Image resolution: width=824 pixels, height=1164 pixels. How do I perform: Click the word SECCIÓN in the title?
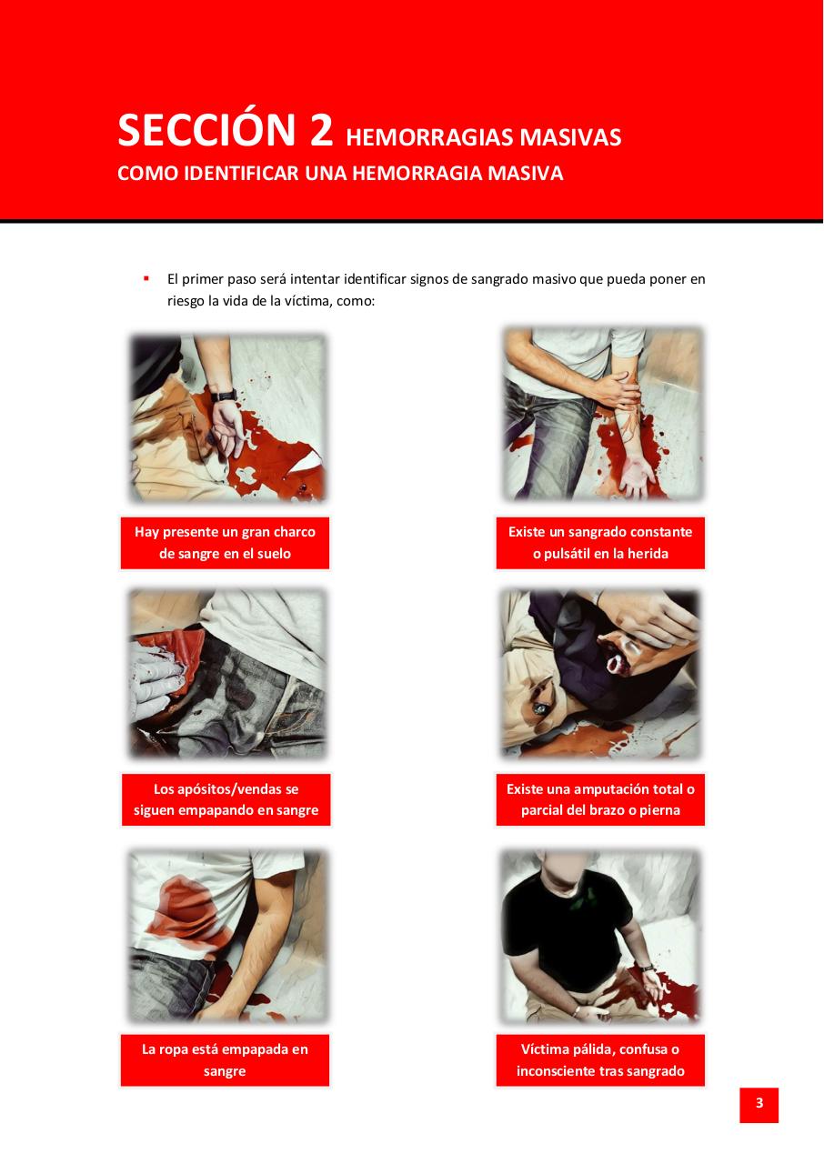pyautogui.click(x=206, y=130)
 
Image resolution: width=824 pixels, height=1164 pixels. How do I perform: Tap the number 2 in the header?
pyautogui.click(x=320, y=131)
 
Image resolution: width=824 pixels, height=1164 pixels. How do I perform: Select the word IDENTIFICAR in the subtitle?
pyautogui.click(x=242, y=173)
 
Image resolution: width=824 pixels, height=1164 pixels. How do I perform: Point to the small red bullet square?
pyautogui.click(x=146, y=278)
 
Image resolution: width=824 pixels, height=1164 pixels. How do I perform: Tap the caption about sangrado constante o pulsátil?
pyautogui.click(x=600, y=543)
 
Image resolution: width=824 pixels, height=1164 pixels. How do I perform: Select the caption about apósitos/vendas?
pyautogui.click(x=226, y=799)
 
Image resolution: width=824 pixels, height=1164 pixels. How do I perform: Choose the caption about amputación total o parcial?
pyautogui.click(x=600, y=799)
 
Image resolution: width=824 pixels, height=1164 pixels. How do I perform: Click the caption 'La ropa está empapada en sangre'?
pyautogui.click(x=225, y=1060)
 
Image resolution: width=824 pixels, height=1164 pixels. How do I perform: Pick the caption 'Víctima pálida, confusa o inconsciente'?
pyautogui.click(x=600, y=1060)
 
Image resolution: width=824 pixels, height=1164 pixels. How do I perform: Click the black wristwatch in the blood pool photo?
pyautogui.click(x=224, y=396)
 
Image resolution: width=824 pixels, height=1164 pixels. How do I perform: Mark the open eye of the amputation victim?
pyautogui.click(x=542, y=707)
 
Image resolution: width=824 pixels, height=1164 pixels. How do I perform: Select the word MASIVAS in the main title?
pyautogui.click(x=570, y=137)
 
